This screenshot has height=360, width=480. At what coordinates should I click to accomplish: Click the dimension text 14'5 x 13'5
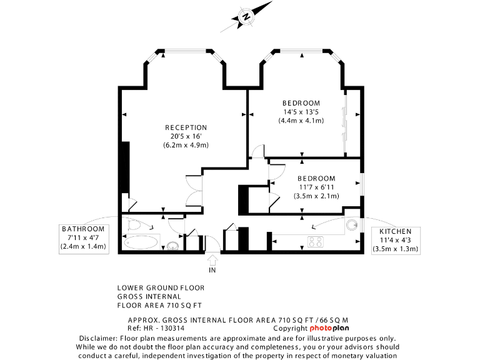pos(301,112)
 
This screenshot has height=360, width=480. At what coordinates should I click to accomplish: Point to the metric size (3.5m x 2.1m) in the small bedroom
pos(316,196)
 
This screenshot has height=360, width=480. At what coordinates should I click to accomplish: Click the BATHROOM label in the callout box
pos(83,229)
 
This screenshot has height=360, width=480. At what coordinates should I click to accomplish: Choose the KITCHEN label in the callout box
pos(395,231)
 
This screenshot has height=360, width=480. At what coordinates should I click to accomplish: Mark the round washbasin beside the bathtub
pos(173,245)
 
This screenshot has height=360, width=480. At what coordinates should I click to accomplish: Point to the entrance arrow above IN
pos(212,258)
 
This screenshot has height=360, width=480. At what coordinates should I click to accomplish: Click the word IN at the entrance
pos(212,270)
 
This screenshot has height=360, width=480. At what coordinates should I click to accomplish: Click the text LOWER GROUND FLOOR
pos(161,288)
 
